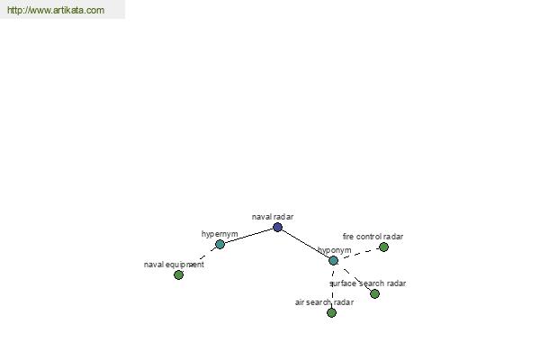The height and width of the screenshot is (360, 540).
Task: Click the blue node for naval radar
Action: [277, 227]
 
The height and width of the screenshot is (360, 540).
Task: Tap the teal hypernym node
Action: [220, 244]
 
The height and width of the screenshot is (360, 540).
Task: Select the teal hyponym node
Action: [333, 260]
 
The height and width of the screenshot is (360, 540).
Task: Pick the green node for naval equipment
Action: [178, 274]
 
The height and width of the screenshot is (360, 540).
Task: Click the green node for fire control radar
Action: [383, 247]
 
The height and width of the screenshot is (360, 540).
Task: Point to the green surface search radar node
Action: [374, 294]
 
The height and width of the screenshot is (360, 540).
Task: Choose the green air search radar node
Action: [331, 313]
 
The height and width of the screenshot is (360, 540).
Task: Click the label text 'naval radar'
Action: [273, 217]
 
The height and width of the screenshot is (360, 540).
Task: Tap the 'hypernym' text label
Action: [220, 234]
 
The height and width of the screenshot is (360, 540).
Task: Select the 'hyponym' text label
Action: [335, 250]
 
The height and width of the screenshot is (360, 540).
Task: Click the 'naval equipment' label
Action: [174, 265]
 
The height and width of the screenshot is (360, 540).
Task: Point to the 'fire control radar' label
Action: [373, 237]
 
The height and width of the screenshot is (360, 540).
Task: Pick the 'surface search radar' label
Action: [368, 283]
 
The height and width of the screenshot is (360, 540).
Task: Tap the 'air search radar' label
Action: [324, 302]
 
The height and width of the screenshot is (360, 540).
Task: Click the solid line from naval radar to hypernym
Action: [248, 236]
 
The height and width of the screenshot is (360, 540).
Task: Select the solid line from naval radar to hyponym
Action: [305, 244]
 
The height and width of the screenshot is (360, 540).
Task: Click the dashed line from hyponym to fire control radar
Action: [358, 254]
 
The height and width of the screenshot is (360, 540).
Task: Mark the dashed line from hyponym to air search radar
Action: [332, 286]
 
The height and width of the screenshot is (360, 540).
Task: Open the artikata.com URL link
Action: [56, 10]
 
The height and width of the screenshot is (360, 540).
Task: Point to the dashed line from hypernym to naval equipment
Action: [199, 259]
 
